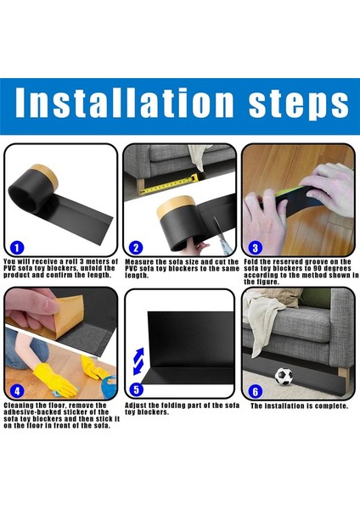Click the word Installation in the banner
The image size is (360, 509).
tap(125, 103)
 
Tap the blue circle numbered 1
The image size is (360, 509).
tap(17, 249)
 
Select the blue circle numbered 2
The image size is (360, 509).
tap(136, 248)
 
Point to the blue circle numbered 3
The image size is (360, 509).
tap(255, 248)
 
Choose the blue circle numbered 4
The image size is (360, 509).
tap(17, 391)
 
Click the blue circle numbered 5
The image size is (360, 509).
tap(136, 390)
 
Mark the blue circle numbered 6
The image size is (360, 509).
tap(255, 391)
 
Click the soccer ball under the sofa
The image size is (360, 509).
tap(284, 376)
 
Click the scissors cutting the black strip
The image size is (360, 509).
tap(222, 235)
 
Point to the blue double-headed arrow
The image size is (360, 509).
tap(138, 361)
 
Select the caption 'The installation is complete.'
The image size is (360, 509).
tap(299, 406)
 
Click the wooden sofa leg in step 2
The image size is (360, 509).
tap(140, 185)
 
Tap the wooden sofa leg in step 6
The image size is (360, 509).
tap(343, 376)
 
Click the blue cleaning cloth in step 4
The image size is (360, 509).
tap(110, 385)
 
